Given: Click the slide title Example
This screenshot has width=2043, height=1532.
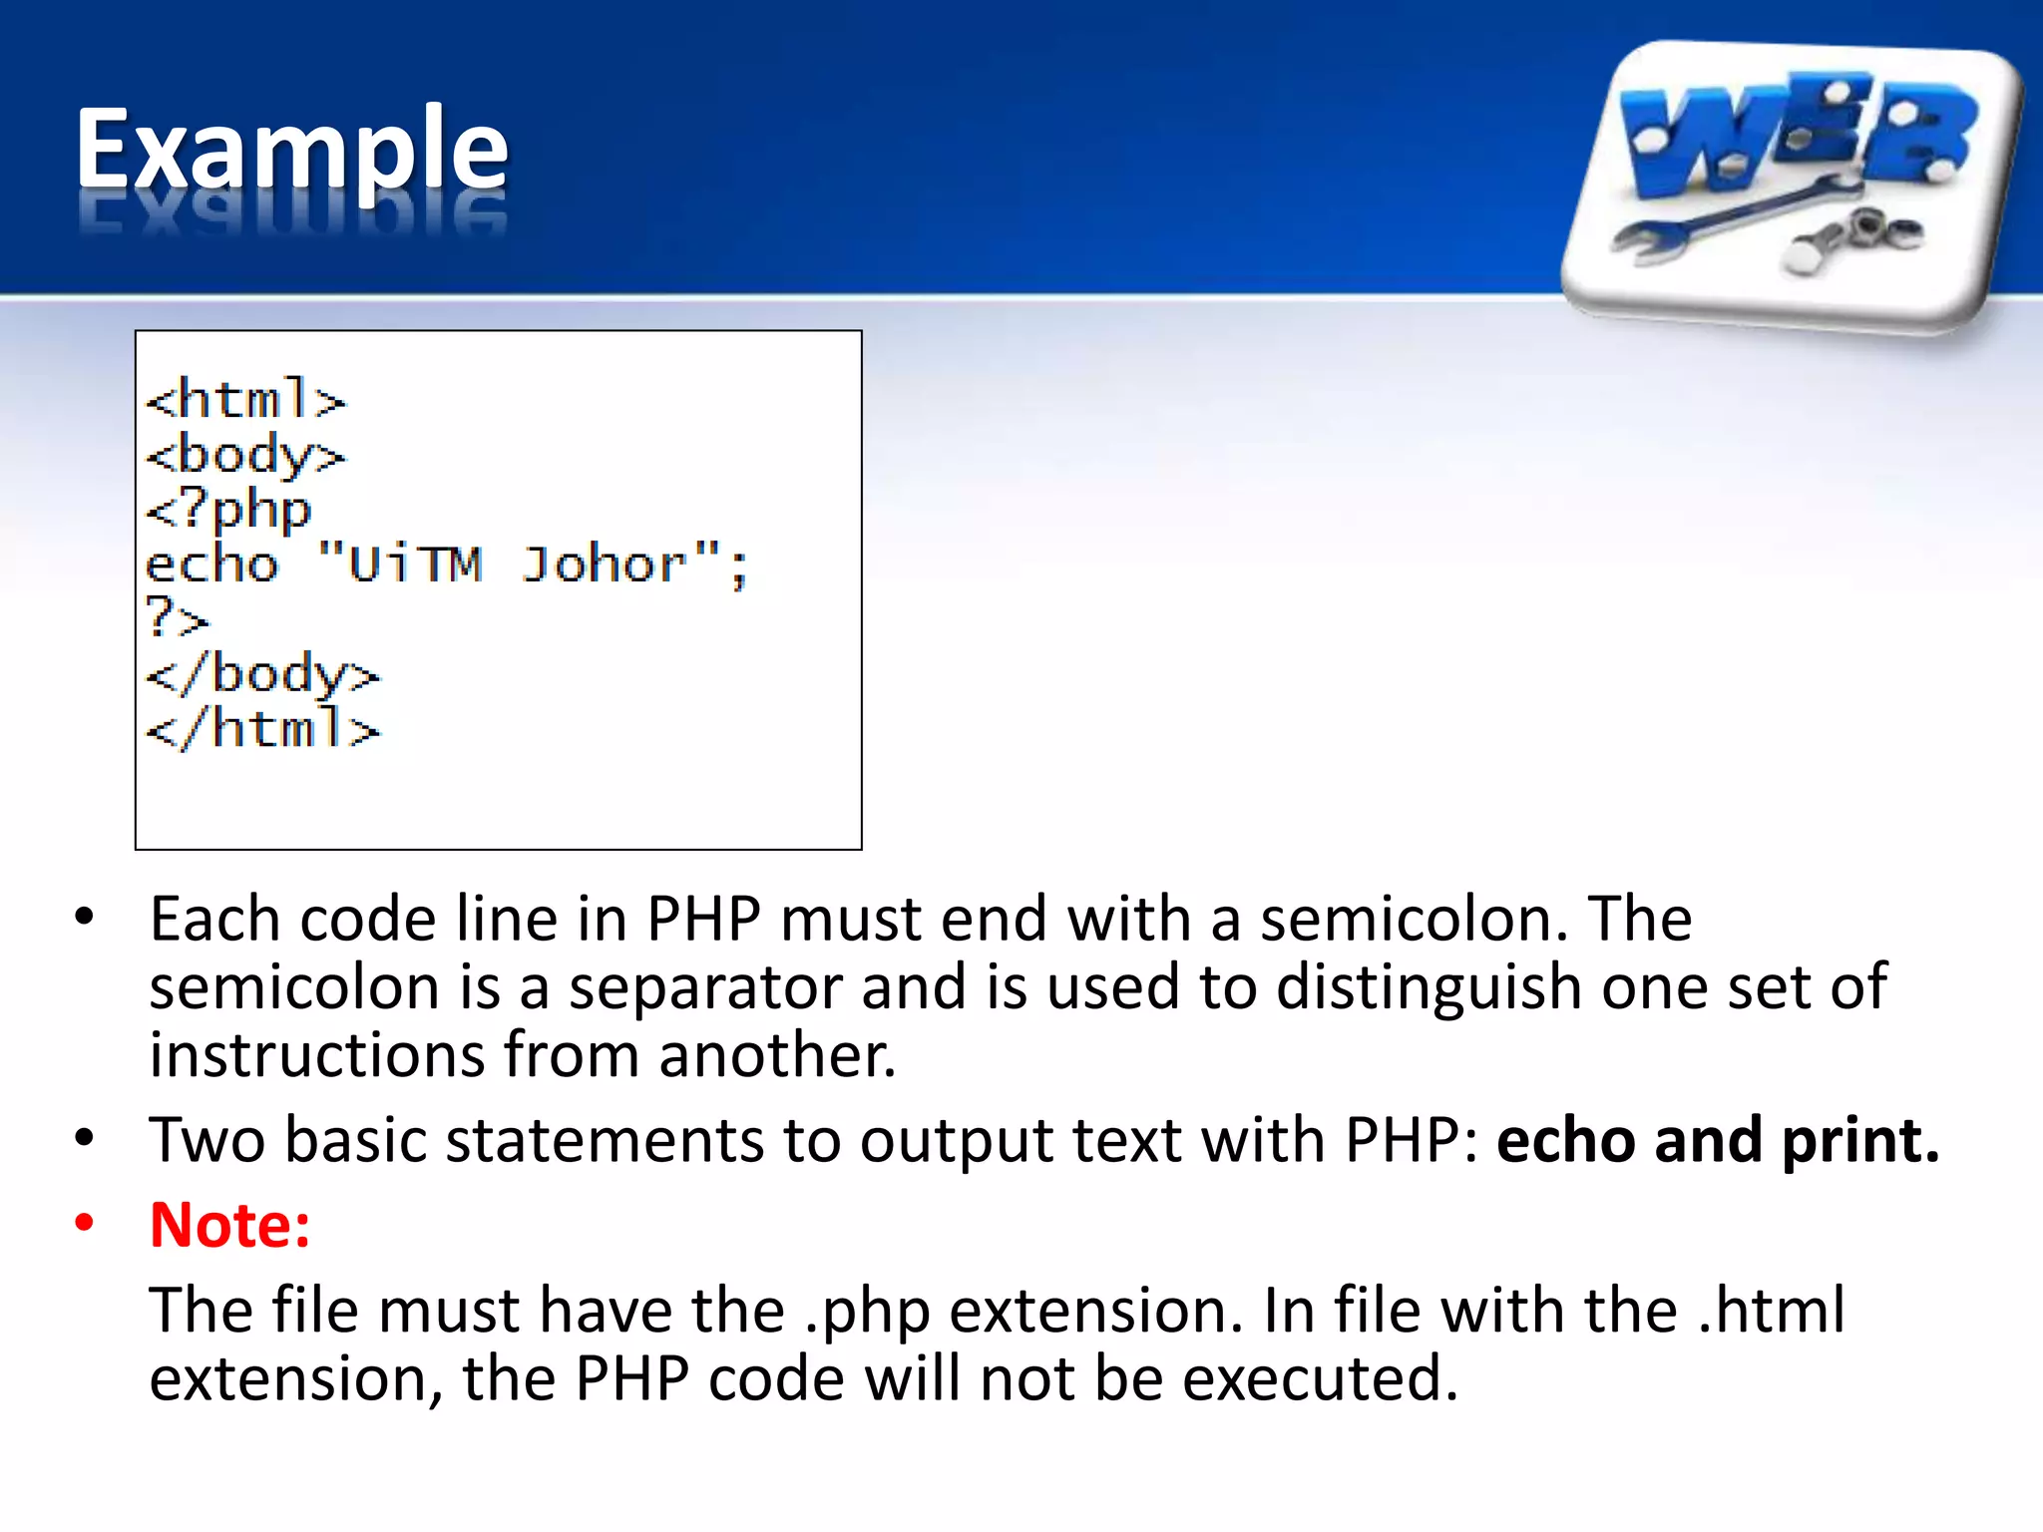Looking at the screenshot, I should [x=291, y=150].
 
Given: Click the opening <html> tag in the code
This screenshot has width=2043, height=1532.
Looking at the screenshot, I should [x=245, y=400].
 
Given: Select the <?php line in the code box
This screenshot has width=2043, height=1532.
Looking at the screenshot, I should [x=228, y=511].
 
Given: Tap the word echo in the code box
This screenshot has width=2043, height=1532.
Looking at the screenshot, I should [x=211, y=565].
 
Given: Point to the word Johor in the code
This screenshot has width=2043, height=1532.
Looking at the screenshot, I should [x=605, y=565].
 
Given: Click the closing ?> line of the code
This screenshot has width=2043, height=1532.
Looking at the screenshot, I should [x=177, y=618].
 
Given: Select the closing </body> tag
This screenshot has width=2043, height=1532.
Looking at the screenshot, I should [x=262, y=674].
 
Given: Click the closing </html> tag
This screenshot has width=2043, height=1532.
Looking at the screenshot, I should [x=262, y=728].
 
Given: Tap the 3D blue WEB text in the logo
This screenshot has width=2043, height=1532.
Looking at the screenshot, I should [x=1796, y=130].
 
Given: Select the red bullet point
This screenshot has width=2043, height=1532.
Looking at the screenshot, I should [x=85, y=1222].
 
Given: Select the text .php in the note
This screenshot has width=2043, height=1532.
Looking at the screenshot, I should [x=867, y=1311].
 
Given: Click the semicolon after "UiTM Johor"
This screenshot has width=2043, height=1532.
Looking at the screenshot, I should [x=738, y=569].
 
